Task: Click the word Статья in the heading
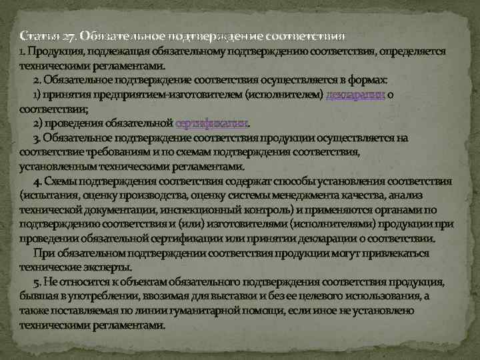click(34, 35)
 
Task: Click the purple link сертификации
click(211, 123)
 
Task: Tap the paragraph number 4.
click(37, 181)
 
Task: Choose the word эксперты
click(103, 267)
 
